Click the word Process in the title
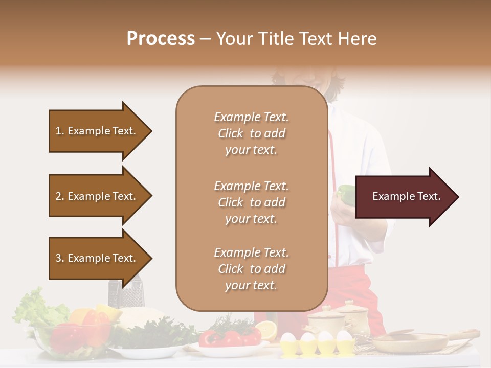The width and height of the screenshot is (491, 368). (161, 39)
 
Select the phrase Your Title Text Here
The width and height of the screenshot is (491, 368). (296, 39)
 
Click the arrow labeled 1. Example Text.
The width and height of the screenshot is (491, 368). (97, 131)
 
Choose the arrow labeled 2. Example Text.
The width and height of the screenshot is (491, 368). (97, 196)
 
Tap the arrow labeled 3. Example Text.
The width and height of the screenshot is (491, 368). (97, 258)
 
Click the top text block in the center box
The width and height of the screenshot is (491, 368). (251, 133)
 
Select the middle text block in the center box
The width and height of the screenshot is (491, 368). (251, 202)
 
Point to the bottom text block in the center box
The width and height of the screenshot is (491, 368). (251, 269)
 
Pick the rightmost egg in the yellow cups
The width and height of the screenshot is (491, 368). (344, 338)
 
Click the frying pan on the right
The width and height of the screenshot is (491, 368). (409, 341)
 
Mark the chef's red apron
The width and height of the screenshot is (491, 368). (348, 286)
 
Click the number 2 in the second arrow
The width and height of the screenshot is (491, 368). (58, 196)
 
